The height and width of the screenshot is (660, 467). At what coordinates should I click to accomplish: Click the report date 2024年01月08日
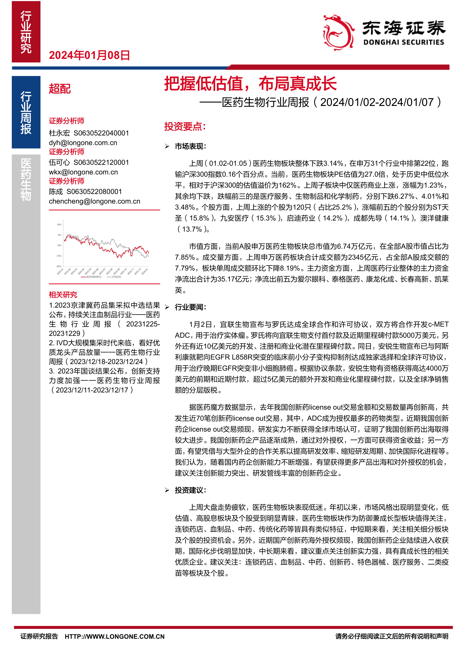click(89, 55)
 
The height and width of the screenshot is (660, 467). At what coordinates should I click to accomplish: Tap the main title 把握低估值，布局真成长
click(250, 84)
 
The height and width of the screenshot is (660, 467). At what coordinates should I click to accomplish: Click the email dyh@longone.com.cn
click(83, 143)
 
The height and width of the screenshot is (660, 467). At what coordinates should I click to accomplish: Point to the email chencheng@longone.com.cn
click(94, 201)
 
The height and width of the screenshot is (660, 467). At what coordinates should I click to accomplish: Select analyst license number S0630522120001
click(101, 162)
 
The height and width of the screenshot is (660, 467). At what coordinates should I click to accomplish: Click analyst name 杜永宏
click(59, 133)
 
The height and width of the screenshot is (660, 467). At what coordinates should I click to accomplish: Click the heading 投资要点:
click(185, 126)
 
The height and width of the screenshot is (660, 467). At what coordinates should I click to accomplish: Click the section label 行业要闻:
click(190, 307)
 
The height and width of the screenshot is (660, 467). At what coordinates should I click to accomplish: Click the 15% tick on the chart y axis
click(59, 224)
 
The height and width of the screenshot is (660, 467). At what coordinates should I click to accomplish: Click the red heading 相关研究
click(63, 295)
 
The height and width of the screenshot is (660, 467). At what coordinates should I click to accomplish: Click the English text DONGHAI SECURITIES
click(403, 43)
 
